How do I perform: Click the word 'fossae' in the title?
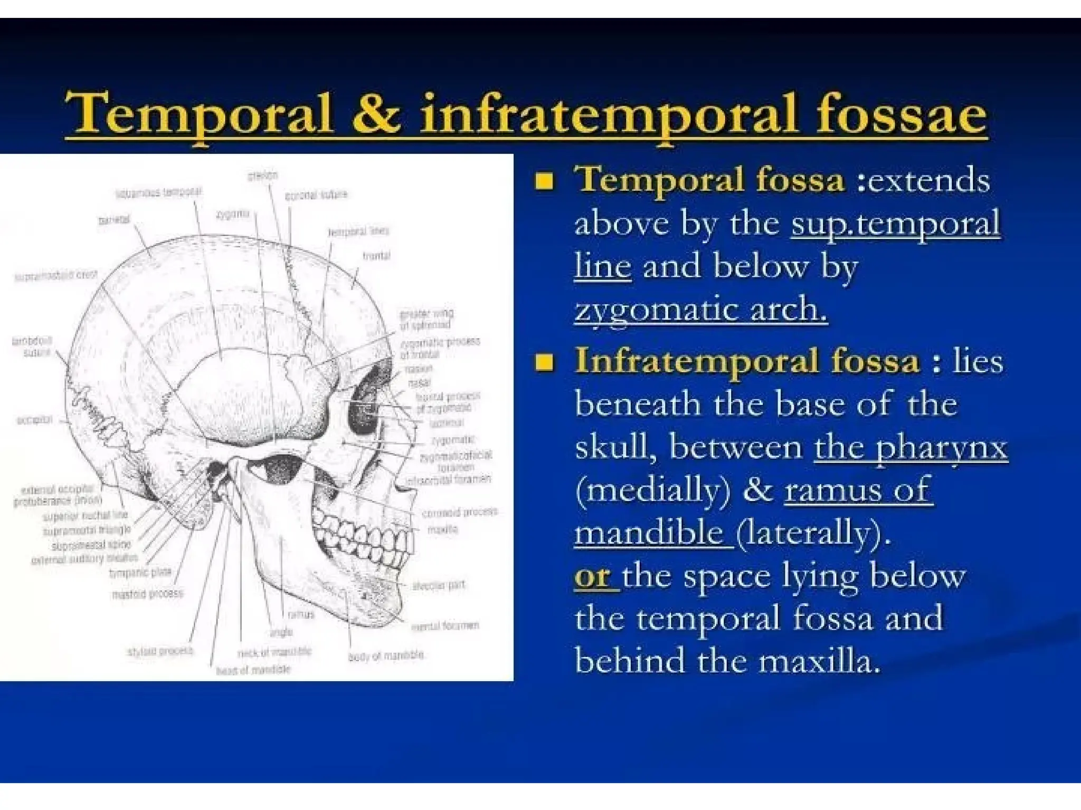click(x=901, y=113)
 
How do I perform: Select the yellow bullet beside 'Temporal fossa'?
click(x=544, y=181)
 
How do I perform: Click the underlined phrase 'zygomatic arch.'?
click(x=700, y=309)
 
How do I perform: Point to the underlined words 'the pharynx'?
click(x=911, y=447)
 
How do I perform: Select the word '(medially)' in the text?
click(x=653, y=490)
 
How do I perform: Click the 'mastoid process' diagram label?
click(x=148, y=594)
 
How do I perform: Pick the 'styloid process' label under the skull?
click(x=160, y=651)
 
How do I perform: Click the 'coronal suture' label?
click(x=316, y=195)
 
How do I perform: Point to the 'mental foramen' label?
click(x=445, y=625)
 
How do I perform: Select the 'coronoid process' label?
click(x=460, y=512)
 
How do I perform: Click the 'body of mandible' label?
click(x=386, y=655)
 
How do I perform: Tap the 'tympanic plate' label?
click(x=140, y=572)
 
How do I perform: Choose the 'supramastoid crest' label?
click(x=56, y=275)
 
